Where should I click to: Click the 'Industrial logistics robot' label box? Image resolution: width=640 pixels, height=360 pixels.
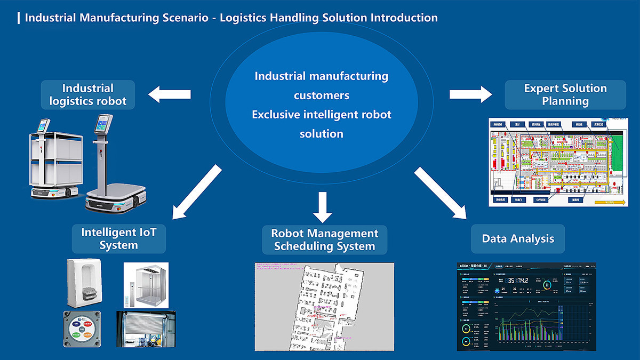[x=88, y=95]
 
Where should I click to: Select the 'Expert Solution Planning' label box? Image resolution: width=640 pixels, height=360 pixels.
[x=565, y=95]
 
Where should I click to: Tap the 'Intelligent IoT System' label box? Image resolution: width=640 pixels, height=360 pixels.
[x=119, y=238]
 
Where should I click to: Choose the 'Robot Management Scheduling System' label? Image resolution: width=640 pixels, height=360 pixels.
[x=324, y=239]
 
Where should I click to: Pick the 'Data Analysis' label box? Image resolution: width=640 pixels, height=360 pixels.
[x=518, y=238]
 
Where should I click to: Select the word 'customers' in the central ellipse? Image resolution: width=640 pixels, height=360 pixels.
[x=322, y=95]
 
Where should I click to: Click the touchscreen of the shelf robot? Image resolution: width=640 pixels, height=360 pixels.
[x=42, y=126]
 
